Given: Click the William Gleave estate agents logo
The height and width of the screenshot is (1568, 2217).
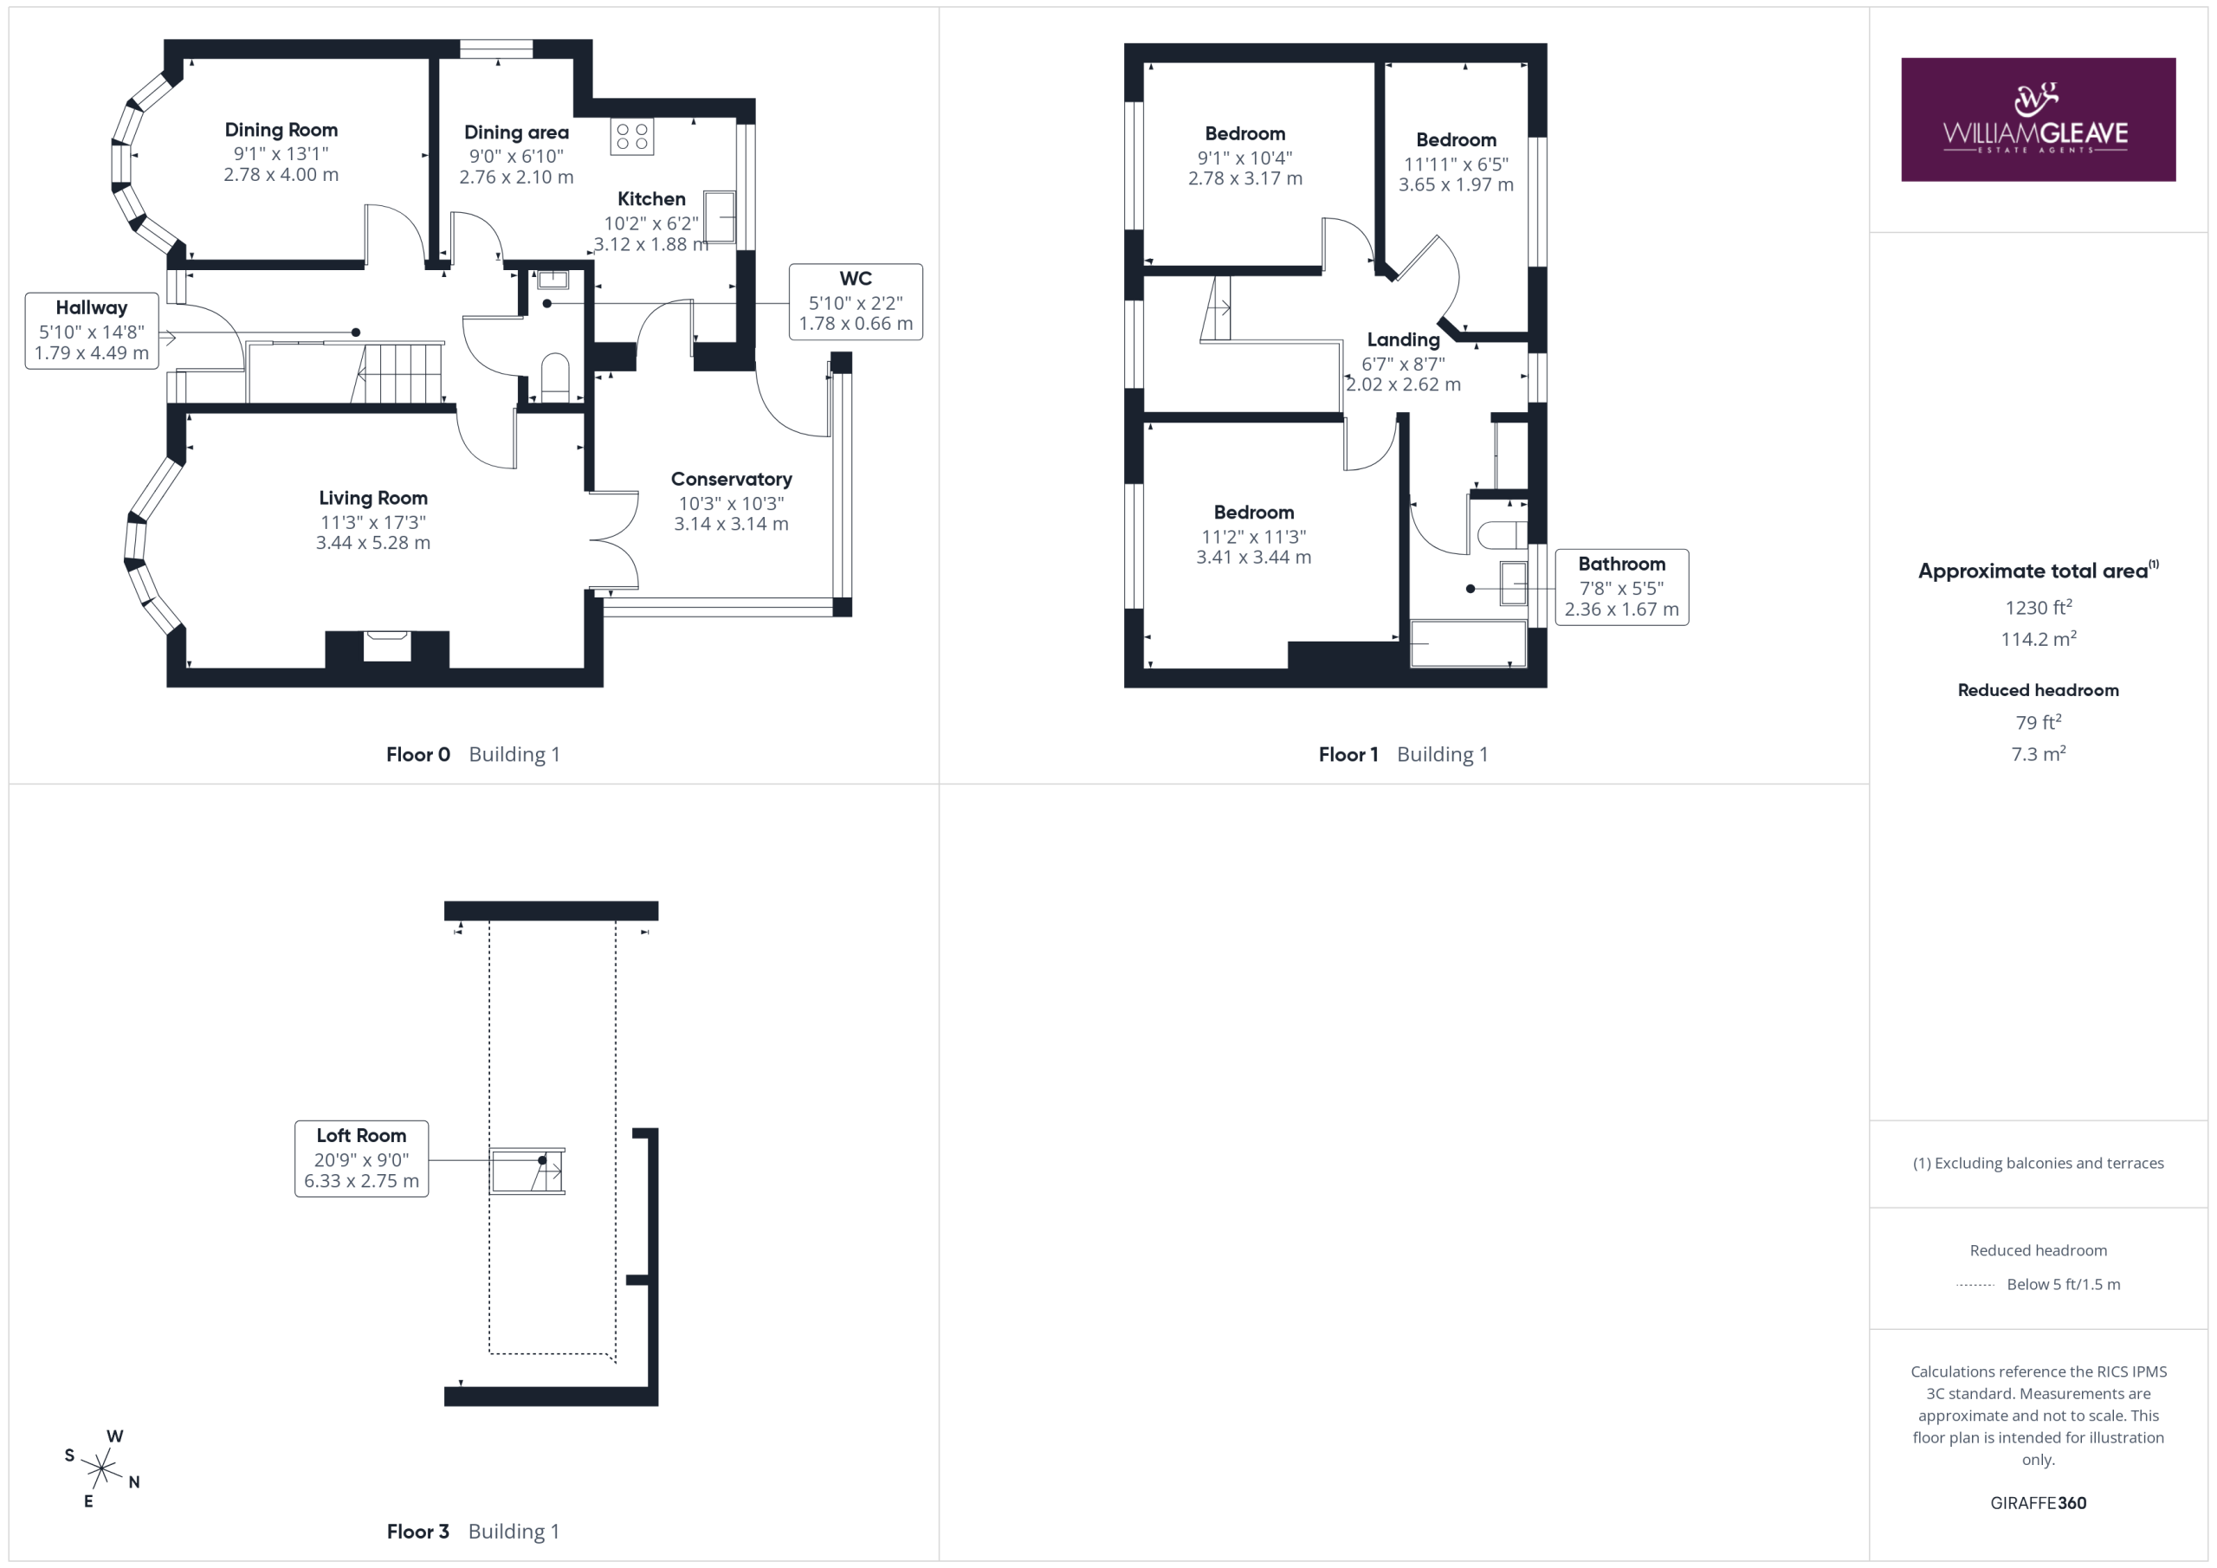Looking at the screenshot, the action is coord(2038,119).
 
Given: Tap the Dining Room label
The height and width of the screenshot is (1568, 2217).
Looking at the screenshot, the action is coord(281,129).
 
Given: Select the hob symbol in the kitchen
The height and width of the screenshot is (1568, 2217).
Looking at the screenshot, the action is coord(631,137).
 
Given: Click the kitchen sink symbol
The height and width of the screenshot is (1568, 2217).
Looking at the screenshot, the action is coord(720,217).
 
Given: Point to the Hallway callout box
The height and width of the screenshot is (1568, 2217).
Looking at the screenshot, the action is coord(92,331).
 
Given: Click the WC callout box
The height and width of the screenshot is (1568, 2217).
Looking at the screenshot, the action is coord(856,301).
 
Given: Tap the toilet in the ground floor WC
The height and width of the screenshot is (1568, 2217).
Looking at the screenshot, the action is coord(555,377).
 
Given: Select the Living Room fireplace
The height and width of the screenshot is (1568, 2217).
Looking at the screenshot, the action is coord(386,646).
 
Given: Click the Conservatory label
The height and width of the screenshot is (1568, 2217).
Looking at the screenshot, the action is coord(731,479).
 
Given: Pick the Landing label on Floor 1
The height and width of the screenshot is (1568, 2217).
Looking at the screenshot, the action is coord(1403,340).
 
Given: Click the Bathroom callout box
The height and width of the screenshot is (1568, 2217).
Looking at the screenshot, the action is coord(1621,587).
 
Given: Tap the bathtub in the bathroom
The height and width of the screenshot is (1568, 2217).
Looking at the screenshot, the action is coord(1468,644).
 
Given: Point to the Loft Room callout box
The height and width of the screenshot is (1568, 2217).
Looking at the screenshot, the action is coord(361,1158).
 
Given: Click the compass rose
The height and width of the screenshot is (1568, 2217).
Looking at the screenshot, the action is coord(101,1468).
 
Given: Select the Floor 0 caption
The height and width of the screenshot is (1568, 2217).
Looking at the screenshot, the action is coord(418,754).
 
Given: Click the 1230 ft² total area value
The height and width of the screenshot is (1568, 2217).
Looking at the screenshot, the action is coord(2038,606).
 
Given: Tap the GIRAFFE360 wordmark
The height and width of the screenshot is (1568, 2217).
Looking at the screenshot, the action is coord(2038,1502).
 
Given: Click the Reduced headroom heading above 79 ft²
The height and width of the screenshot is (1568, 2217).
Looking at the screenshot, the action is coord(2038,690).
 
